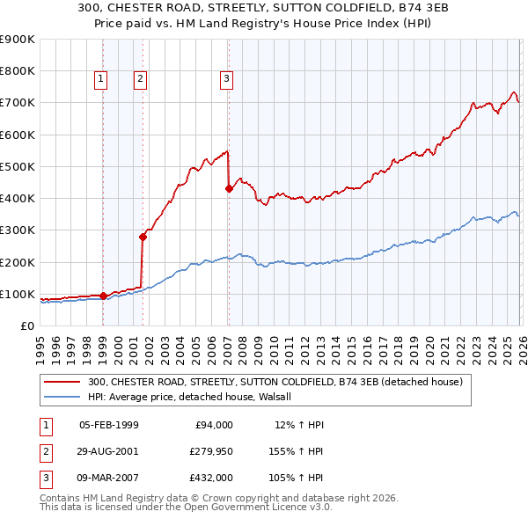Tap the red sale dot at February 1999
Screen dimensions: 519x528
click(103, 296)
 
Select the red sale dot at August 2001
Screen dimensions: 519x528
click(143, 236)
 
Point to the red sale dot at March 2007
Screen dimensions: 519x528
click(229, 187)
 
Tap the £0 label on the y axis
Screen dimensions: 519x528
click(26, 325)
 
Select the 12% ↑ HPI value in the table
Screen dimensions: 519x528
click(299, 425)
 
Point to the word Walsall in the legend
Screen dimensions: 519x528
click(284, 397)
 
